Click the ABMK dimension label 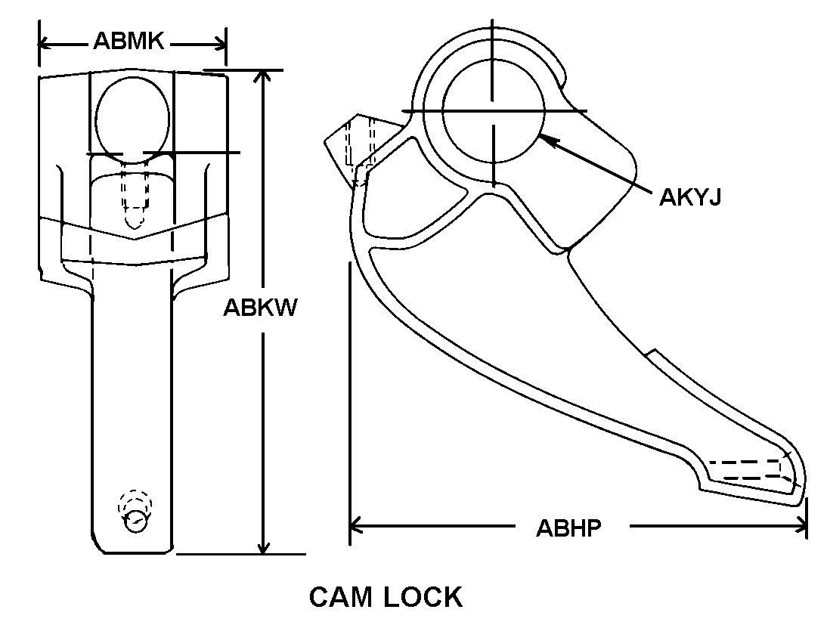click(129, 41)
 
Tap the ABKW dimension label click(259, 308)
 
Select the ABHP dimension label click(568, 527)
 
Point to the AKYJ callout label click(690, 196)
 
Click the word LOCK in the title click(423, 597)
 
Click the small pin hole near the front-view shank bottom click(136, 520)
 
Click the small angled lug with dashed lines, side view click(352, 149)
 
